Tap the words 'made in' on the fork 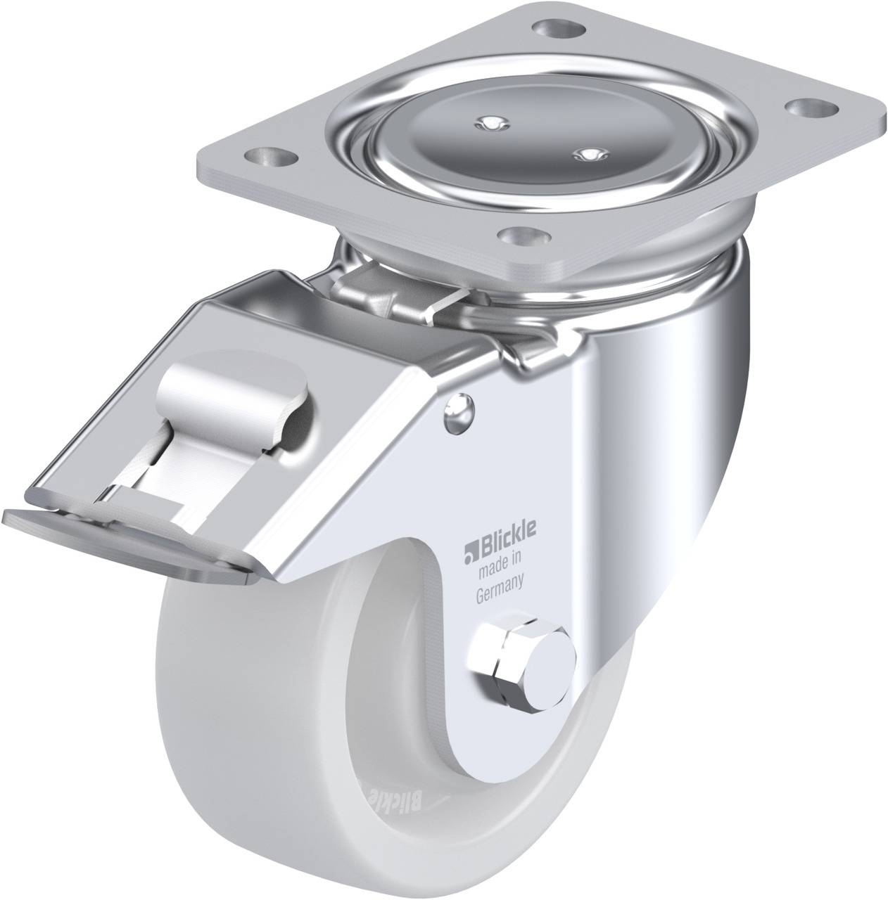tap(498, 579)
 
